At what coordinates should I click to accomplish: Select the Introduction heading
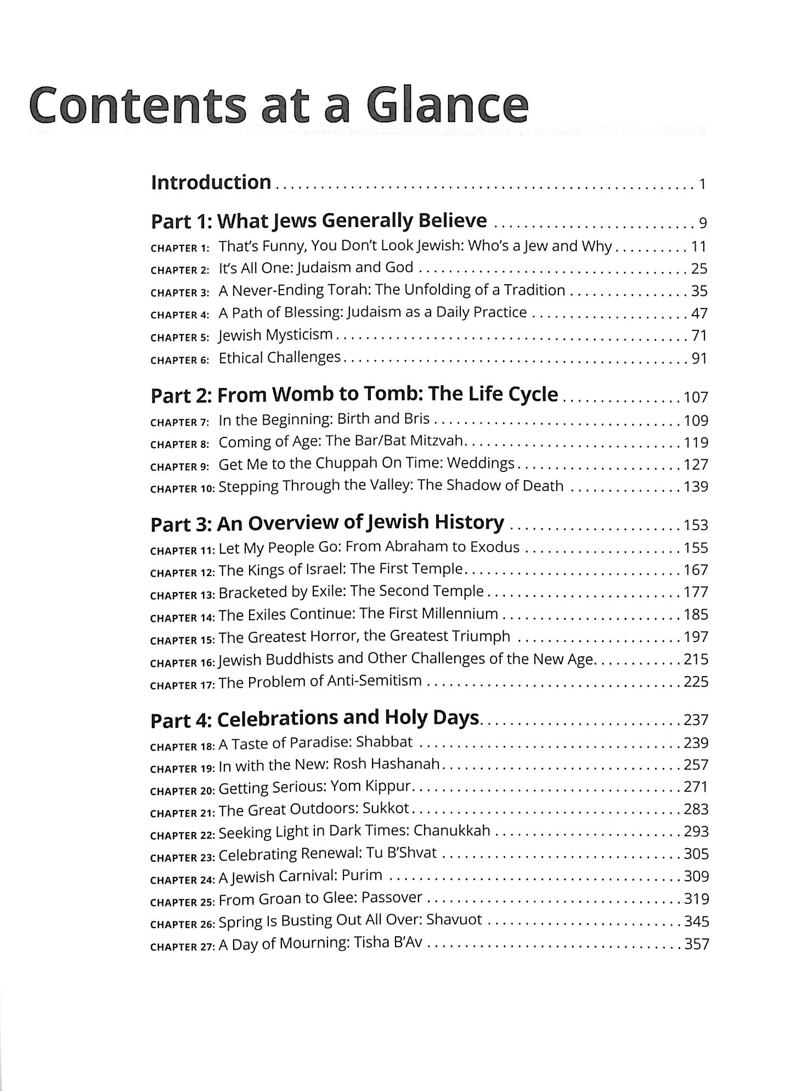[211, 182]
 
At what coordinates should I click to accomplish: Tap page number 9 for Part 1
[703, 223]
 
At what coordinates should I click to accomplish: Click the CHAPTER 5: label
[180, 338]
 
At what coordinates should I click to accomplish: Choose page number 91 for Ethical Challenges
[699, 358]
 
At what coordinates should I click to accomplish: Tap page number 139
[696, 486]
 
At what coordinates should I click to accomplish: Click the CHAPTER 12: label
[182, 573]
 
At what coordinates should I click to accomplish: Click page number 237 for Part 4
[696, 719]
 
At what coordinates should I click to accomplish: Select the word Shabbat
[384, 743]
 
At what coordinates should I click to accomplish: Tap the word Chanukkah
[451, 831]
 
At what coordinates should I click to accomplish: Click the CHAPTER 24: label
[182, 880]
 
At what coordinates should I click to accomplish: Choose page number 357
[697, 944]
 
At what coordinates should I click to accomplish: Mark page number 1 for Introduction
[702, 184]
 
